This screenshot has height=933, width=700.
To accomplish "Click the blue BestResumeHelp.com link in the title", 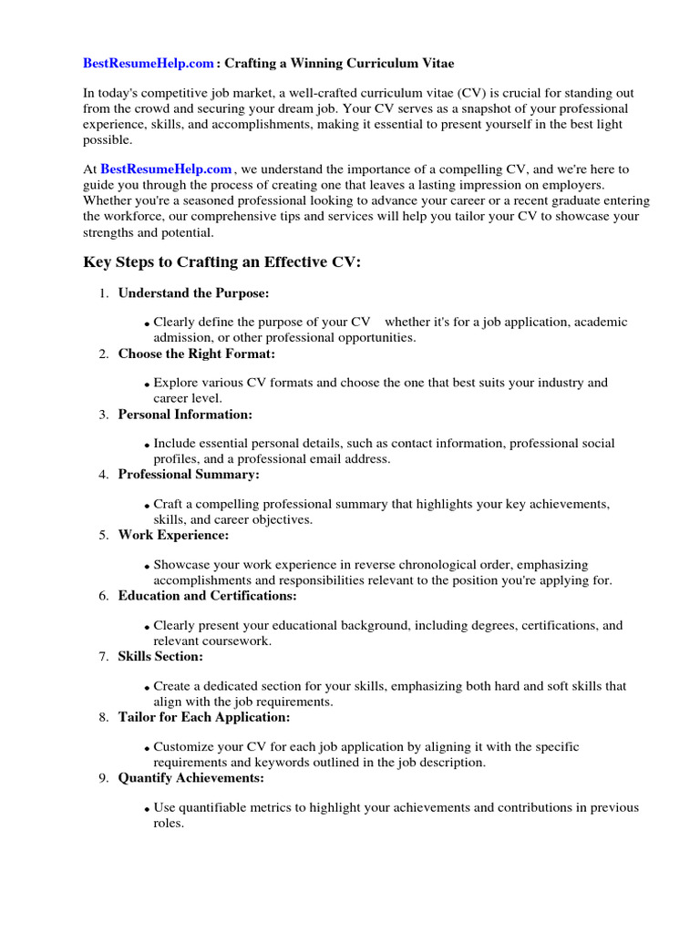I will [149, 64].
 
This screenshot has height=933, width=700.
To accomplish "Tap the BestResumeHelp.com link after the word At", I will [166, 169].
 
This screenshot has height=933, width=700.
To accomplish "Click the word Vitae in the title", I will [430, 64].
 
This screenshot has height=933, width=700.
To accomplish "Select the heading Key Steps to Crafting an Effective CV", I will [222, 262].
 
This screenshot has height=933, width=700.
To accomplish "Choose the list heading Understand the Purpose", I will [193, 293].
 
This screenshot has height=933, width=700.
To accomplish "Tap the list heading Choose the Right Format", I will [196, 354].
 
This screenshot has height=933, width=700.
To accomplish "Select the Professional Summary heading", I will [189, 475].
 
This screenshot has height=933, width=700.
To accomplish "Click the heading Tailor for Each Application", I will [202, 717].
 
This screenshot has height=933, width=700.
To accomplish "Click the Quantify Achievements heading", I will [190, 778].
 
